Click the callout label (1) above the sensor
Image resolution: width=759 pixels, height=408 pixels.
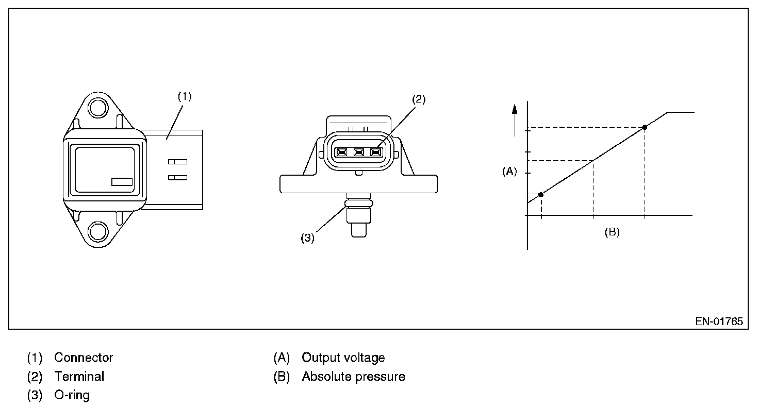pos(184,96)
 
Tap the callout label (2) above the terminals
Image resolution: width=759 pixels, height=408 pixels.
pos(419,99)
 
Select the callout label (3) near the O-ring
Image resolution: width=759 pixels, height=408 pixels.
pos(308,238)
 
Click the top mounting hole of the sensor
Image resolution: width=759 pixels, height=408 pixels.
pos(96,107)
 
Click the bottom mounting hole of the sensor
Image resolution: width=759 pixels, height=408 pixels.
pos(96,232)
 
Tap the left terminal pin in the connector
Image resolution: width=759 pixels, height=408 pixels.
pos(341,152)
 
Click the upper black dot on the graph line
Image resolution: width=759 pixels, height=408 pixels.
pos(645,127)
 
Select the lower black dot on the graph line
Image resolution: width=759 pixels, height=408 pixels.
pos(541,195)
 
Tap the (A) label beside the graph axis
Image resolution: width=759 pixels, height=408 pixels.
pos(509,172)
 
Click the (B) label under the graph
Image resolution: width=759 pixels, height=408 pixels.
pos(612,232)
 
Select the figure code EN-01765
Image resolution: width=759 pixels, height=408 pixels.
pos(719,321)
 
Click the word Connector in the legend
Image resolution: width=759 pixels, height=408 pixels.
pos(84,358)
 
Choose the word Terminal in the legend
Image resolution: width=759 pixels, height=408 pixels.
pos(79,377)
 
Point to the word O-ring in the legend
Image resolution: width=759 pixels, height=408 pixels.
pos(72,395)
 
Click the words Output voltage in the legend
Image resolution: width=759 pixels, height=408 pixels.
pos(343,358)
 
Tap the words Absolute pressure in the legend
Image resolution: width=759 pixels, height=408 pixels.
pos(354,377)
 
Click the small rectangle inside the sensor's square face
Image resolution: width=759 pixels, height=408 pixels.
pos(122,181)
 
